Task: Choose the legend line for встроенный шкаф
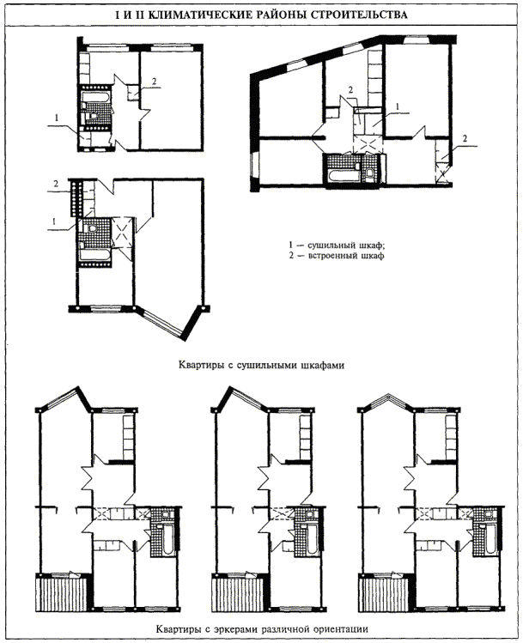click(337, 257)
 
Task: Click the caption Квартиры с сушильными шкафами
click(261, 365)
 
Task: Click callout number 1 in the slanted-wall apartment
click(397, 106)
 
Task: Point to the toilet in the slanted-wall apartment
click(370, 174)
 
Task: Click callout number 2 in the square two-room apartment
click(154, 82)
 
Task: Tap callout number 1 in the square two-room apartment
click(57, 118)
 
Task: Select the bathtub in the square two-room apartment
click(95, 97)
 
